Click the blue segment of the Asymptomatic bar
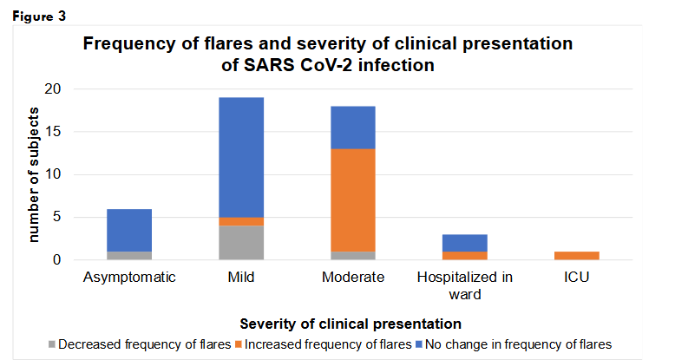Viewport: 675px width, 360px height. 129,230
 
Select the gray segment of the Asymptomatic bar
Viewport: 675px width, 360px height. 129,255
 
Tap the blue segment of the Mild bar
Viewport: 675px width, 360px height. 241,157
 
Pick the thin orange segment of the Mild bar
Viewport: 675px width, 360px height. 241,221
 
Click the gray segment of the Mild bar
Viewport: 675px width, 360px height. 241,242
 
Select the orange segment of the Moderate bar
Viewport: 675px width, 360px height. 353,200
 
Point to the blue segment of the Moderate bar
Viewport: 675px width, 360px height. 353,128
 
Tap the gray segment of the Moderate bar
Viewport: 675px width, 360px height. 353,255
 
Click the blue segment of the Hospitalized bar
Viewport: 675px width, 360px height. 465,242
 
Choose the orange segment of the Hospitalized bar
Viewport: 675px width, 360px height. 465,255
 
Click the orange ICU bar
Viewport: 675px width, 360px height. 577,255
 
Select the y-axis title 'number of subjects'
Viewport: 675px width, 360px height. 34,173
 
